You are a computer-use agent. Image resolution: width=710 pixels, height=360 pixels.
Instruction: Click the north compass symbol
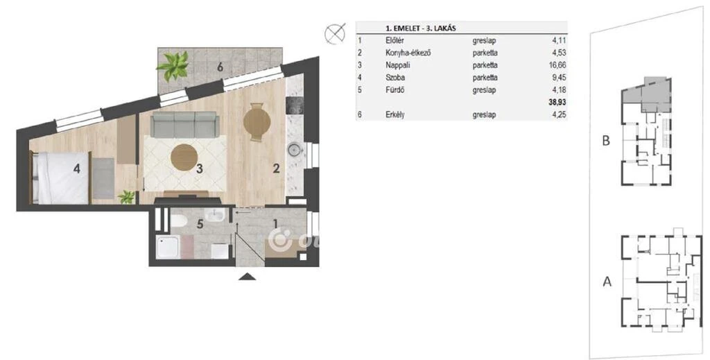tap(335, 34)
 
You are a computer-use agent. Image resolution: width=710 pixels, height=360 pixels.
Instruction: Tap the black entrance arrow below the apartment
tap(247, 277)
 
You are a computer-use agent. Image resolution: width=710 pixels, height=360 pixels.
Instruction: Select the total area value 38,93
tap(557, 103)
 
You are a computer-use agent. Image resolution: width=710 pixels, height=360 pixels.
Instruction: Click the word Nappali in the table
tap(397, 65)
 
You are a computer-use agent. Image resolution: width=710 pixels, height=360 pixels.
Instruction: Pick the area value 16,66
tap(557, 65)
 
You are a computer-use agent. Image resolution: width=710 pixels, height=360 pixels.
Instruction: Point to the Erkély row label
tap(395, 114)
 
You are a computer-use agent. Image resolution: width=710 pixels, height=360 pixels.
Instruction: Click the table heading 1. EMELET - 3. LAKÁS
tap(421, 28)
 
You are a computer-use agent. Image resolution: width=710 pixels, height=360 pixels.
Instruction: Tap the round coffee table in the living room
tap(184, 157)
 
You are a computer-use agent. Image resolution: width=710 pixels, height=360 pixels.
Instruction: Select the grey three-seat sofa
tap(184, 125)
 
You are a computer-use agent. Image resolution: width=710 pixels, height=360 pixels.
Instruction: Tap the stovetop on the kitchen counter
tap(295, 106)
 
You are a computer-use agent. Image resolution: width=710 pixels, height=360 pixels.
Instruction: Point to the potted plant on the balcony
tap(173, 66)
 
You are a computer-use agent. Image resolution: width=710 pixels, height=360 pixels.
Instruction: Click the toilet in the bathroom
tap(178, 221)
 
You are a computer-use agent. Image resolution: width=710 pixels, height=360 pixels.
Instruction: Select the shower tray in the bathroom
tap(168, 247)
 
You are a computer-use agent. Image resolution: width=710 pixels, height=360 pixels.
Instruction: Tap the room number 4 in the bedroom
tap(77, 169)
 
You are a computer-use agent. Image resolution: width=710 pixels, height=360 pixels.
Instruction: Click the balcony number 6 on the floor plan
tap(220, 67)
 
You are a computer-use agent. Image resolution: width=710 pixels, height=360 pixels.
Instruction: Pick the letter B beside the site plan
tap(606, 140)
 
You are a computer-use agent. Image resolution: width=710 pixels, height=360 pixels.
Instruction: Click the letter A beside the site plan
tap(607, 282)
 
